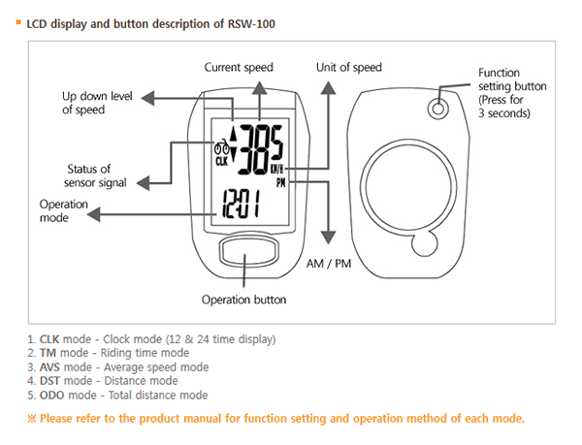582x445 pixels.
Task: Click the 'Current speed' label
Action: (239, 67)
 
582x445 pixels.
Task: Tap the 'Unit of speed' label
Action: (349, 67)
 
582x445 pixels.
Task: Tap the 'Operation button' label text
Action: (243, 300)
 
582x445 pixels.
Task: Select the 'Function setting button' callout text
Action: (512, 92)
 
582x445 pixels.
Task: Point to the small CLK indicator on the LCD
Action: (222, 163)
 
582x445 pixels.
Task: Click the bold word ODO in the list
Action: (50, 395)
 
